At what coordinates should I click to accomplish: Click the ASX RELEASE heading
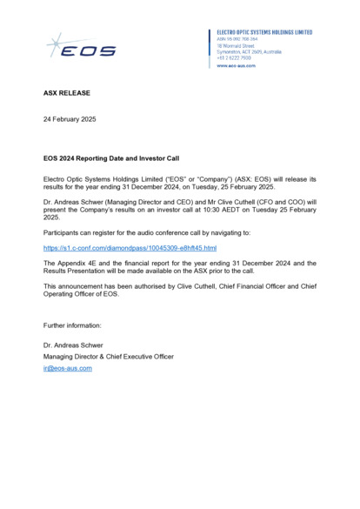(x=66, y=91)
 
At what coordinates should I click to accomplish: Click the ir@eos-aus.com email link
(x=68, y=368)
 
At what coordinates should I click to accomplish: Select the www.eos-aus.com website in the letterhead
(x=236, y=65)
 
